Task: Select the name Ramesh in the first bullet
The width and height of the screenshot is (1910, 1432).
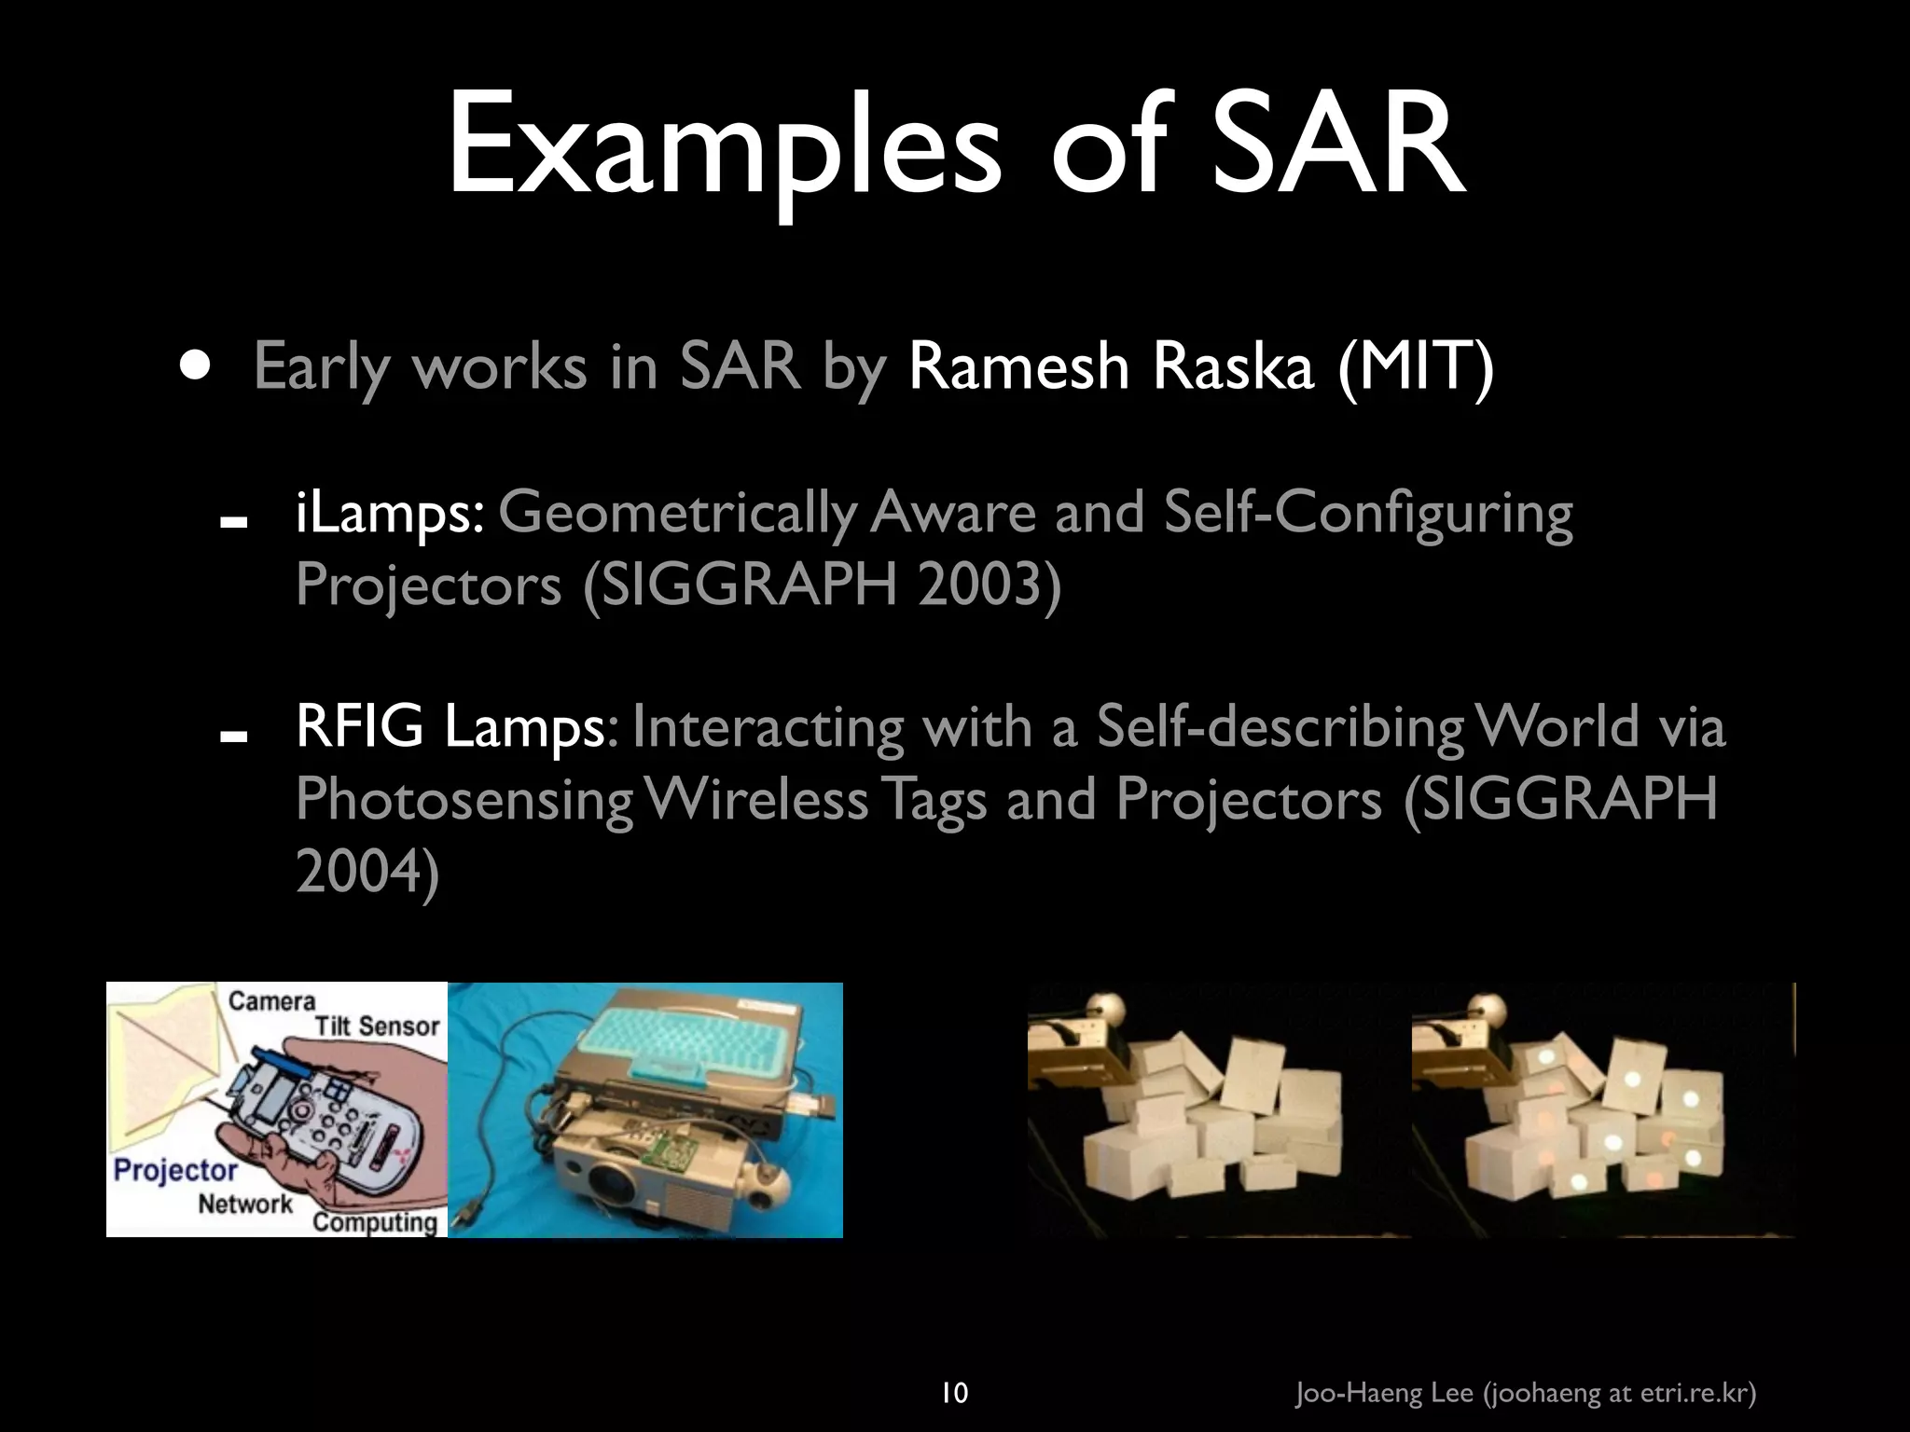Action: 1018,366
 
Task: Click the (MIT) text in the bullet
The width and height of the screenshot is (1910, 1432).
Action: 1416,366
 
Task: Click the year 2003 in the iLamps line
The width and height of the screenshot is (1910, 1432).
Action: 988,585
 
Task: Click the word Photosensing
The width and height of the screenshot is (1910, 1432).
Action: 464,799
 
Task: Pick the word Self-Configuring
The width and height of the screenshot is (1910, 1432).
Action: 1368,513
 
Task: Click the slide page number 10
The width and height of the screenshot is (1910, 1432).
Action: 954,1368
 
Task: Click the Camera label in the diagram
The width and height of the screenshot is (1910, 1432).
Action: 271,1001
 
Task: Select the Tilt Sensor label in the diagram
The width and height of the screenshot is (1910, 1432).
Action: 377,1026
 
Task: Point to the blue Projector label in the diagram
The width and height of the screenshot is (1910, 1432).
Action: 175,1169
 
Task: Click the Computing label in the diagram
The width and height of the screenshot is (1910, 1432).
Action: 375,1221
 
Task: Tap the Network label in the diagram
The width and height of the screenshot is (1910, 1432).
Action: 244,1204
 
